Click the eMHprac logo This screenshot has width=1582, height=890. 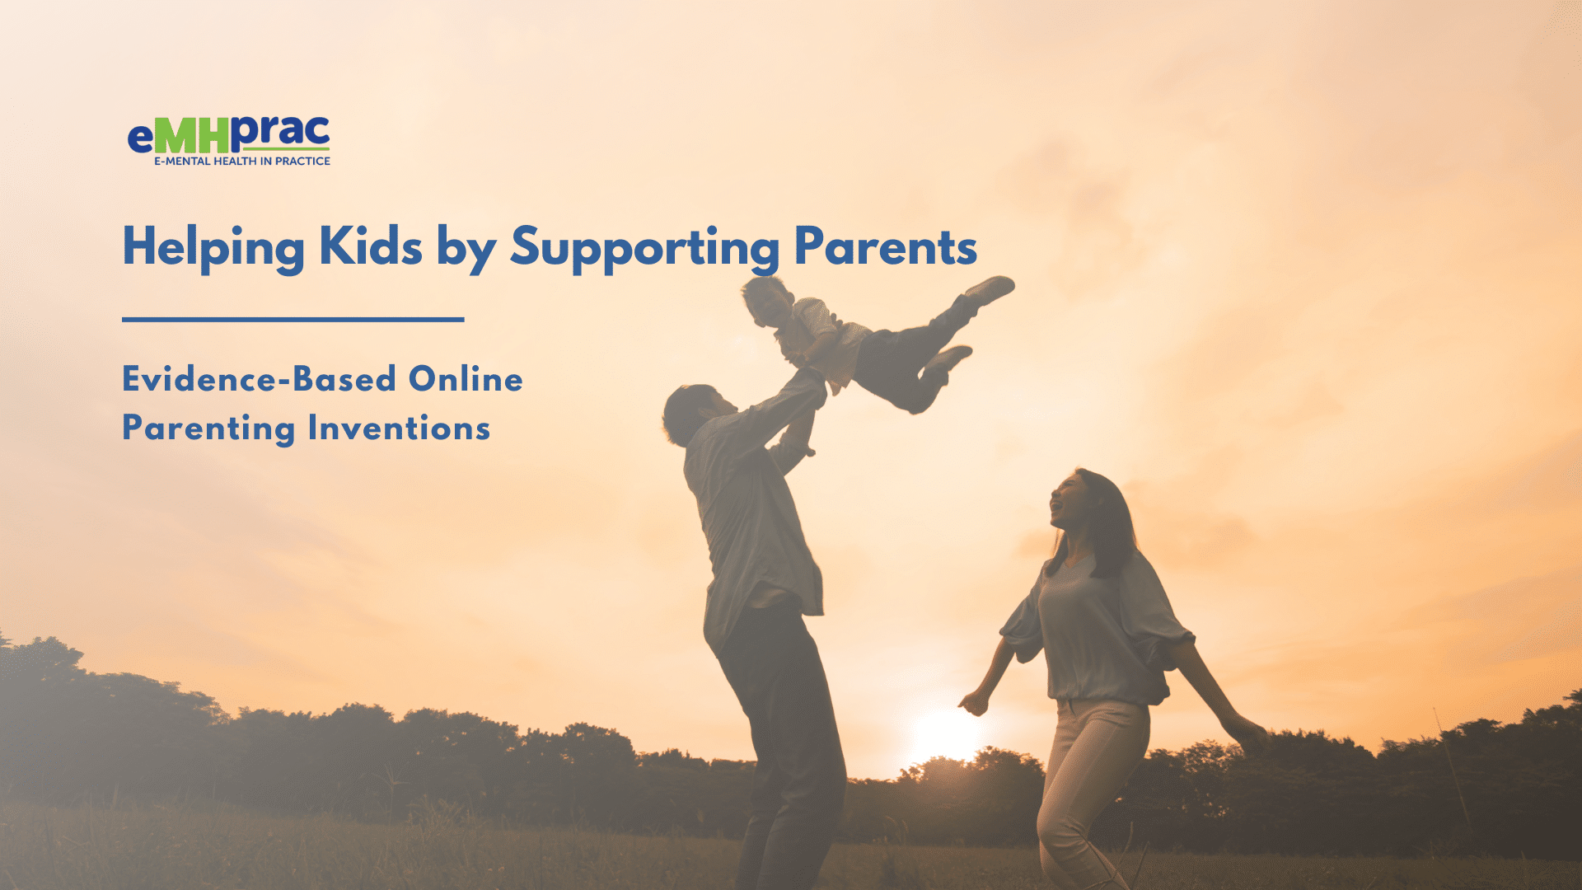click(229, 141)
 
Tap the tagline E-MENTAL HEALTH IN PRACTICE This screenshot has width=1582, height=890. click(242, 162)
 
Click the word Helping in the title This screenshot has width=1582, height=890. click(213, 247)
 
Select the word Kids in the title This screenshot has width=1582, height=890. click(371, 246)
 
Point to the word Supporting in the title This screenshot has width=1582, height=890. click(644, 248)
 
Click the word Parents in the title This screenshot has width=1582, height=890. click(886, 246)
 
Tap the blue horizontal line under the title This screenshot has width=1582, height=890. click(293, 319)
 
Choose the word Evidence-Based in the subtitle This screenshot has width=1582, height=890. click(260, 379)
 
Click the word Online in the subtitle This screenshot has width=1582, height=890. click(466, 379)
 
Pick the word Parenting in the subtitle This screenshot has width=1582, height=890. click(208, 429)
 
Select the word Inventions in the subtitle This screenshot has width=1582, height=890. click(399, 429)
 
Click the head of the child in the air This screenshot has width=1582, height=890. click(766, 302)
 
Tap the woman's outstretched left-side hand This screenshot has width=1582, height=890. click(975, 703)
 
